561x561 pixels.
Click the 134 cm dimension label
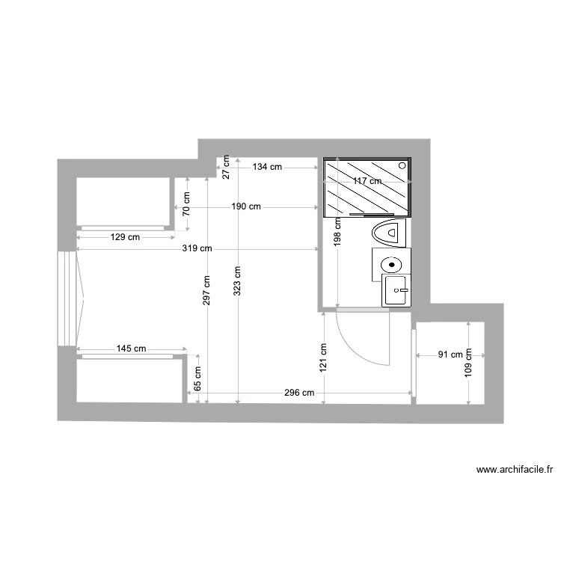pos(266,167)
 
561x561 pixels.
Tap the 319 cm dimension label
pos(197,248)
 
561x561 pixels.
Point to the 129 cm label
pos(124,237)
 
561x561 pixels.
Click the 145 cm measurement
pos(131,349)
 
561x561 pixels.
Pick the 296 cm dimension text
pos(298,393)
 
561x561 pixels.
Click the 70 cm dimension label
pos(187,201)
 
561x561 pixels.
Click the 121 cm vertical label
pos(323,358)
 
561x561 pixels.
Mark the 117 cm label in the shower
pos(367,182)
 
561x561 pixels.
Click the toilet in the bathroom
pos(389,232)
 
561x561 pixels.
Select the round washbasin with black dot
pos(390,265)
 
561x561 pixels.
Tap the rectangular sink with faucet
pos(396,290)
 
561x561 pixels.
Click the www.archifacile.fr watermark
pos(515,470)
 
